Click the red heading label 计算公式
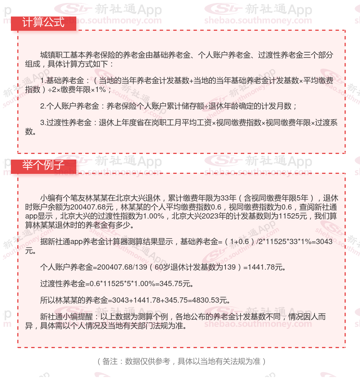[x=43, y=23]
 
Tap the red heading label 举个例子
[x=43, y=166]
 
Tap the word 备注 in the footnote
[x=110, y=361]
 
